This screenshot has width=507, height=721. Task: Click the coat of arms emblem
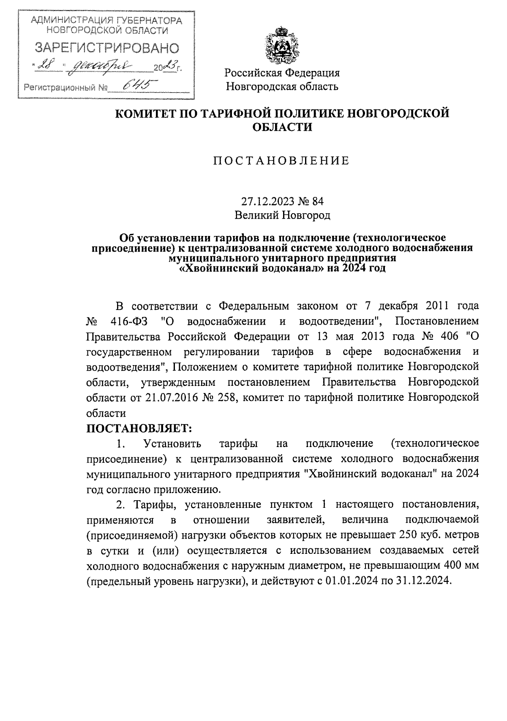click(x=282, y=44)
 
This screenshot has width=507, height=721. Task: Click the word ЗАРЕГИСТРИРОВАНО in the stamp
click(x=106, y=48)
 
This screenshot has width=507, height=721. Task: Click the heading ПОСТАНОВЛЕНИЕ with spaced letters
click(x=282, y=160)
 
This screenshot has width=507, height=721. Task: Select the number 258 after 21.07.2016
click(x=224, y=397)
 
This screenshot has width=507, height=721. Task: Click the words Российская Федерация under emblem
click(x=282, y=73)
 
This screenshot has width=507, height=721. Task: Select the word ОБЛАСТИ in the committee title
click(x=282, y=127)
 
